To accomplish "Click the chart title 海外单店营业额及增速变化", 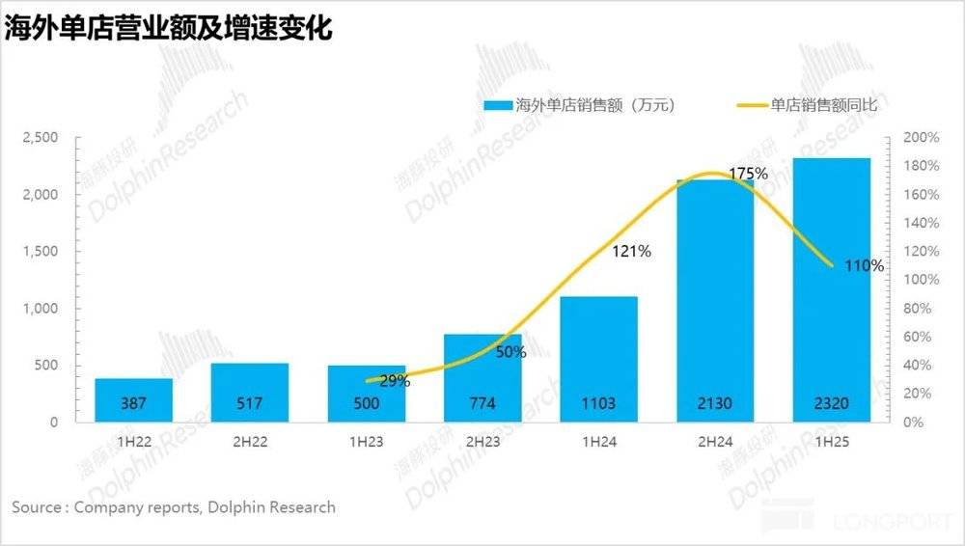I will click(170, 28).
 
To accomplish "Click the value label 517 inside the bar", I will click(250, 404).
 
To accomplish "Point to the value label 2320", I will click(831, 404).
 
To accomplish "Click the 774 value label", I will click(482, 404).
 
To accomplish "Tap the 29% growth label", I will click(394, 381).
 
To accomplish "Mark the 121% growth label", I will click(632, 252).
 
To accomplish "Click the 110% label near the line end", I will click(863, 265).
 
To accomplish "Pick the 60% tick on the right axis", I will click(915, 337).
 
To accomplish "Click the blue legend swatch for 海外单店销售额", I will click(498, 105).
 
